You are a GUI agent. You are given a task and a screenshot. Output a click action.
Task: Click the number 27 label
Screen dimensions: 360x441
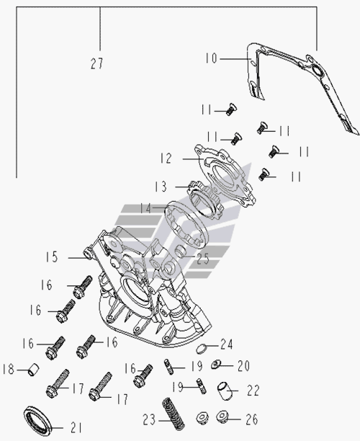(x=97, y=63)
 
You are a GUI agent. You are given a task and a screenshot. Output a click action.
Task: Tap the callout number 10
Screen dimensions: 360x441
(x=212, y=58)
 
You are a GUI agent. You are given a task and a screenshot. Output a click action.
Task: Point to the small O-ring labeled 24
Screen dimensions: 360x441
(x=201, y=349)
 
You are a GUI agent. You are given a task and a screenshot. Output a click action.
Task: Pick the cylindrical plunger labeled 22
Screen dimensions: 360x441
(x=225, y=391)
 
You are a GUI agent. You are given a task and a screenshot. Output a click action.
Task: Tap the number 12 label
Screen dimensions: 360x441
(x=166, y=159)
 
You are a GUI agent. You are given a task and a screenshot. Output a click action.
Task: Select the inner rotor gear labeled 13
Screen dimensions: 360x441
(x=205, y=201)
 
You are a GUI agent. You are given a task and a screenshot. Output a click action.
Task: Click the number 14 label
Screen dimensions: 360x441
(x=146, y=209)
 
